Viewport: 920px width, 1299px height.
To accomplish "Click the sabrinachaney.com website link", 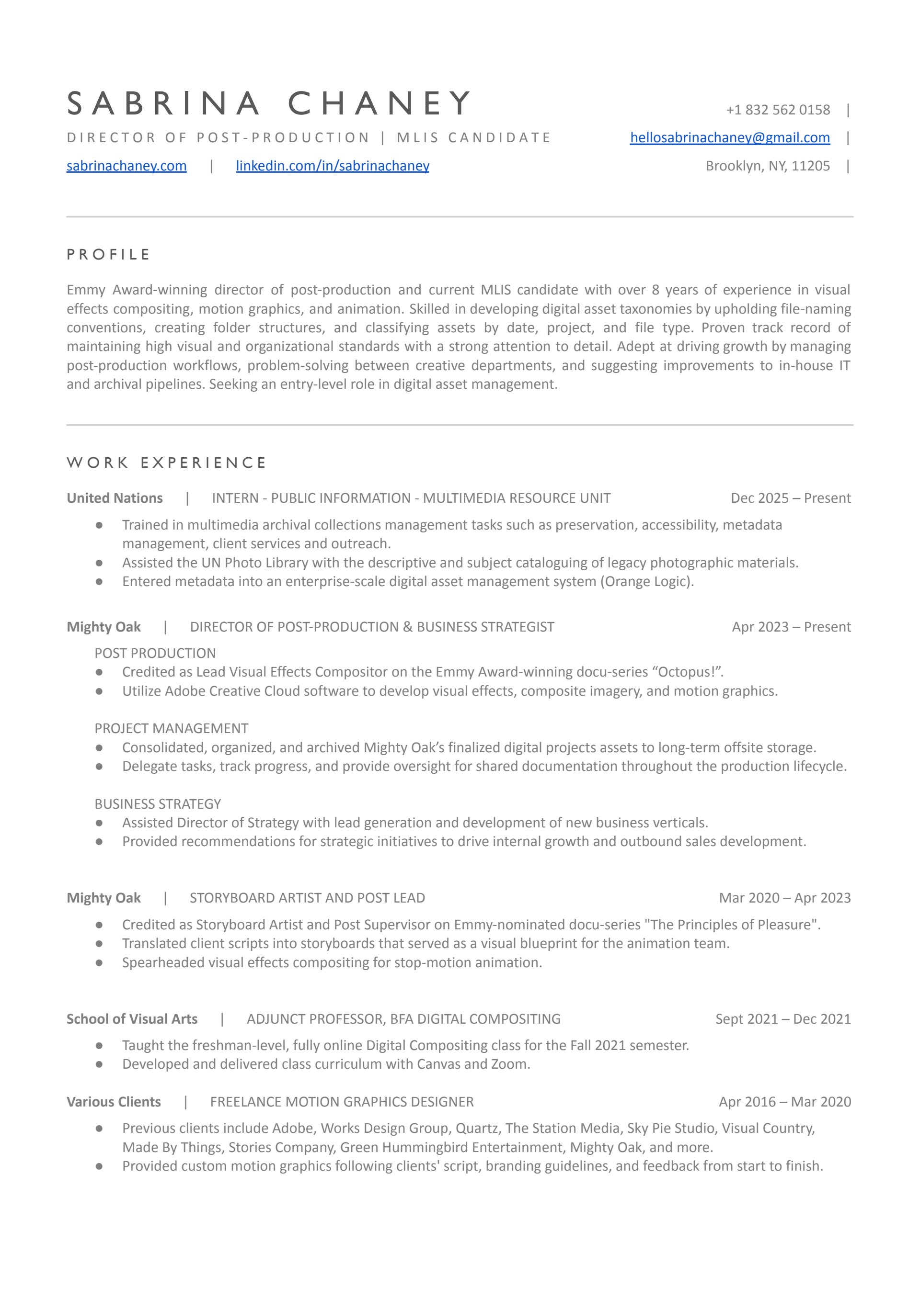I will (126, 166).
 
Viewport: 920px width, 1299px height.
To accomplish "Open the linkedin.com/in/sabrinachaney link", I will (333, 166).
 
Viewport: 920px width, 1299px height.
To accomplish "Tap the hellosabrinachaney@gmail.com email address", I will (730, 137).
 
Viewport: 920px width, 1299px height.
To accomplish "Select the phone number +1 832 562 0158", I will (778, 110).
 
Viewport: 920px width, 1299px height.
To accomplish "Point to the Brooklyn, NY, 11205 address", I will (768, 166).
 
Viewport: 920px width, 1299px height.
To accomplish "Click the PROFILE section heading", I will (109, 255).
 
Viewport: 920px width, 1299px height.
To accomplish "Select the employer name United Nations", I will (115, 498).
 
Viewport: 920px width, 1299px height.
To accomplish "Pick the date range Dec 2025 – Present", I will (790, 498).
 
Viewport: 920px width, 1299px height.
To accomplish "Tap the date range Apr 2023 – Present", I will (791, 627).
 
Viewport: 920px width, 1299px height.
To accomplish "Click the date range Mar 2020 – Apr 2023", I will (784, 898).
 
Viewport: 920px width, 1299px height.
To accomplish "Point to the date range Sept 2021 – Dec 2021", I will (783, 1019).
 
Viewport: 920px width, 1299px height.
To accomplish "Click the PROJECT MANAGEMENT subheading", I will (171, 728).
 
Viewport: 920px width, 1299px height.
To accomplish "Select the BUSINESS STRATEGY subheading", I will (158, 804).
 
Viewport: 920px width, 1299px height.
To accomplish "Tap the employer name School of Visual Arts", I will (132, 1019).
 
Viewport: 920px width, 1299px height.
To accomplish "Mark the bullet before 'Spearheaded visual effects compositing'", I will (99, 962).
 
